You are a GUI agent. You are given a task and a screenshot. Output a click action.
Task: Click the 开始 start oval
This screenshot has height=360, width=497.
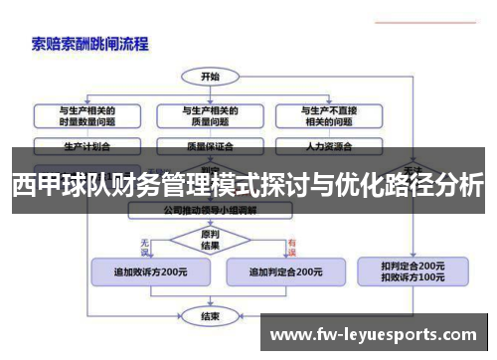click(210, 76)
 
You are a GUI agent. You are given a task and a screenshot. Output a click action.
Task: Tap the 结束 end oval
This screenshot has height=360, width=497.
click(210, 315)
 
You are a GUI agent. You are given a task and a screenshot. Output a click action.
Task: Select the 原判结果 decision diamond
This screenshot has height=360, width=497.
click(210, 240)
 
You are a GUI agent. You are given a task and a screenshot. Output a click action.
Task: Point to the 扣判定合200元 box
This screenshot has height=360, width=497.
click(413, 271)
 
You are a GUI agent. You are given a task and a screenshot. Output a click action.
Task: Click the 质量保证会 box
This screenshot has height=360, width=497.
click(210, 144)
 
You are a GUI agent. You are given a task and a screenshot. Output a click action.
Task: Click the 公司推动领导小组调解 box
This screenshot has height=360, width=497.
click(210, 211)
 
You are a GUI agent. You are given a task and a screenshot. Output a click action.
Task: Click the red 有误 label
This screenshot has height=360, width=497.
click(291, 244)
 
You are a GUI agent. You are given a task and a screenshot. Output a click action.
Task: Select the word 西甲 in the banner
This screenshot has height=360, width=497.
click(35, 184)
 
